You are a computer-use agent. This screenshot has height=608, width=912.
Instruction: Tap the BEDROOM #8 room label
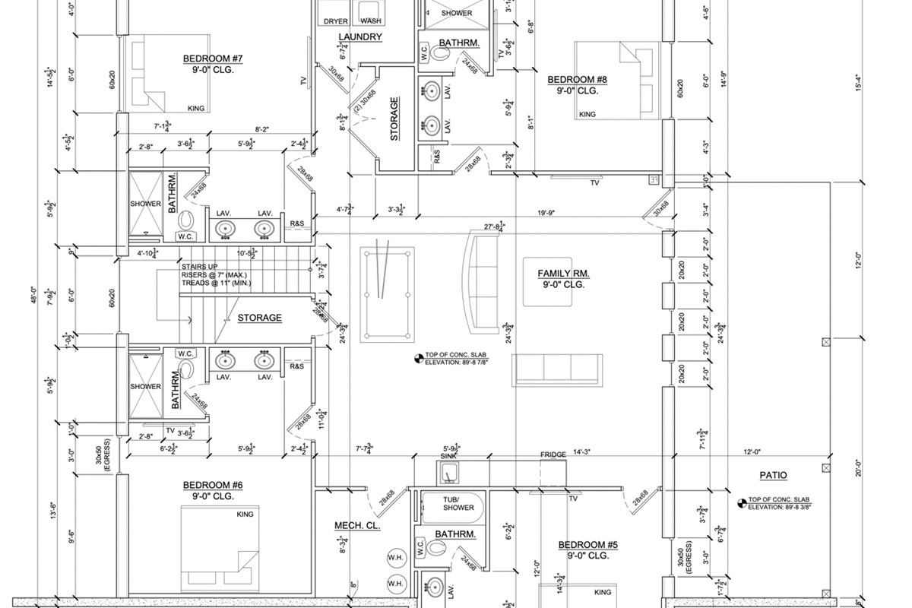pos(577,79)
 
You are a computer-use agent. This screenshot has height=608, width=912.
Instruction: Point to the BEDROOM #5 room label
pos(588,545)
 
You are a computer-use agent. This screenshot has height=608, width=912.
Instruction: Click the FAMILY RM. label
pos(563,274)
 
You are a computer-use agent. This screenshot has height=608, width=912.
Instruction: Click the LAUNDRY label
pos(359,37)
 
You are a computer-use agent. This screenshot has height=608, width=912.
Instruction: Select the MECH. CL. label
pos(357,525)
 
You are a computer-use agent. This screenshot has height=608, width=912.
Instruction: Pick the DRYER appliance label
pos(336,21)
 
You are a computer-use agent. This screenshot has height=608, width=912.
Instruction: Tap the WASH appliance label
pos(371,21)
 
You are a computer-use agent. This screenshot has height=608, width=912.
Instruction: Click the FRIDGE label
pos(553,454)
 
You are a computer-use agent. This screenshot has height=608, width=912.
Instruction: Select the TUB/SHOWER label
pos(458,503)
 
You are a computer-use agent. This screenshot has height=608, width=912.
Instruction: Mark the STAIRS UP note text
pos(200,266)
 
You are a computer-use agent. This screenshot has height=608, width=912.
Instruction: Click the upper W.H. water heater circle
pos(395,555)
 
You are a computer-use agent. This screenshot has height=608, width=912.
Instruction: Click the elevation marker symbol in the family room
pos(417,357)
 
